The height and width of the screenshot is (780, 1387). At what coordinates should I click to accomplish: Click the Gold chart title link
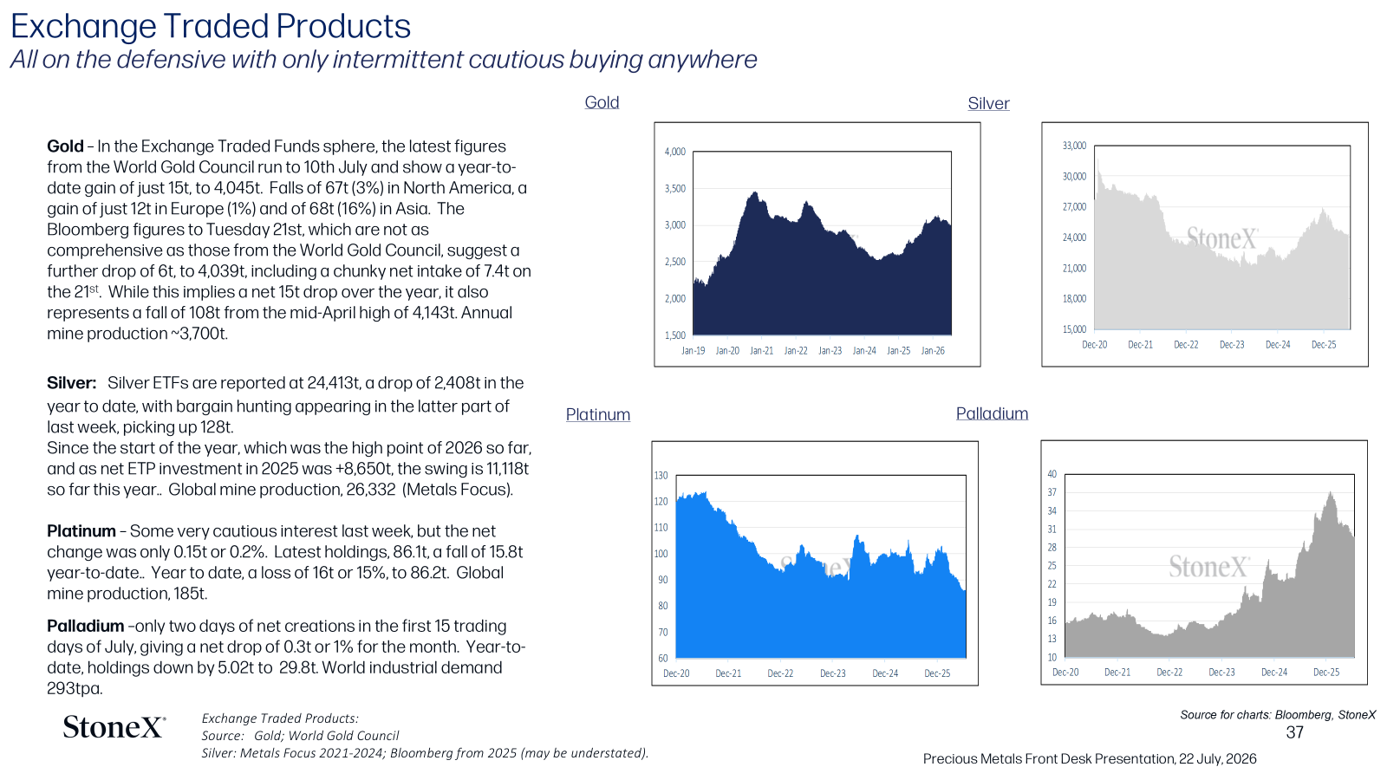[x=602, y=102]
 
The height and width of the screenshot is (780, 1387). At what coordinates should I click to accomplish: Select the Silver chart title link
[x=988, y=103]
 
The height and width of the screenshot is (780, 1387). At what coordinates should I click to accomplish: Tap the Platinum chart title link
[x=597, y=414]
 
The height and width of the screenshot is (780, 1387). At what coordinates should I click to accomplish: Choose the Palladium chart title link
[x=992, y=413]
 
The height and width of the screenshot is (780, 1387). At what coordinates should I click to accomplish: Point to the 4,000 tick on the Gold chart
[x=675, y=152]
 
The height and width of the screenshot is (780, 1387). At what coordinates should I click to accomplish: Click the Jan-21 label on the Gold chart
[x=762, y=350]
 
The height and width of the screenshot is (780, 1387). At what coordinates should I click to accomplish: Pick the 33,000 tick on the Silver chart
[x=1074, y=146]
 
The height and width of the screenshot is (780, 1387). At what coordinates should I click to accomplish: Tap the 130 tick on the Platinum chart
[x=661, y=476]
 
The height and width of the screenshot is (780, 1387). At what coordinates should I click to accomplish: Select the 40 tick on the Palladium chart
[x=1052, y=474]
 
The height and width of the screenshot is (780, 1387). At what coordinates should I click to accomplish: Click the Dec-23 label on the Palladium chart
[x=1221, y=672]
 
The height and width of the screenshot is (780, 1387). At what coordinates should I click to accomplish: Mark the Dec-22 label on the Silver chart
[x=1186, y=344]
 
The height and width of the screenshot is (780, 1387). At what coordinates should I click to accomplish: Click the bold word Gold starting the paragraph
[x=65, y=146]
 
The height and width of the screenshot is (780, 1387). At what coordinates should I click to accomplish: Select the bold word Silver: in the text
[x=72, y=382]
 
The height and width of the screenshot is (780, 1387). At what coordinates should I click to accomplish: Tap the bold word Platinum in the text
[x=81, y=530]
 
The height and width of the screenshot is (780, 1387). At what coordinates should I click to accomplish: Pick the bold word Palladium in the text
[x=86, y=626]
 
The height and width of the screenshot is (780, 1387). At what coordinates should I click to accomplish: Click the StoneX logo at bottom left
[x=114, y=727]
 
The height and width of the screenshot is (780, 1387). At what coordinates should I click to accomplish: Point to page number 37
[x=1295, y=732]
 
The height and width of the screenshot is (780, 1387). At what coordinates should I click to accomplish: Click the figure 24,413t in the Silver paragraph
[x=334, y=382]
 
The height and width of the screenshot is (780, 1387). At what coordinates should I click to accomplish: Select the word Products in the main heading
[x=343, y=26]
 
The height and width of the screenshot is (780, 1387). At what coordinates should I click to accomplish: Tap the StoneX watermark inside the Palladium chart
[x=1208, y=567]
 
